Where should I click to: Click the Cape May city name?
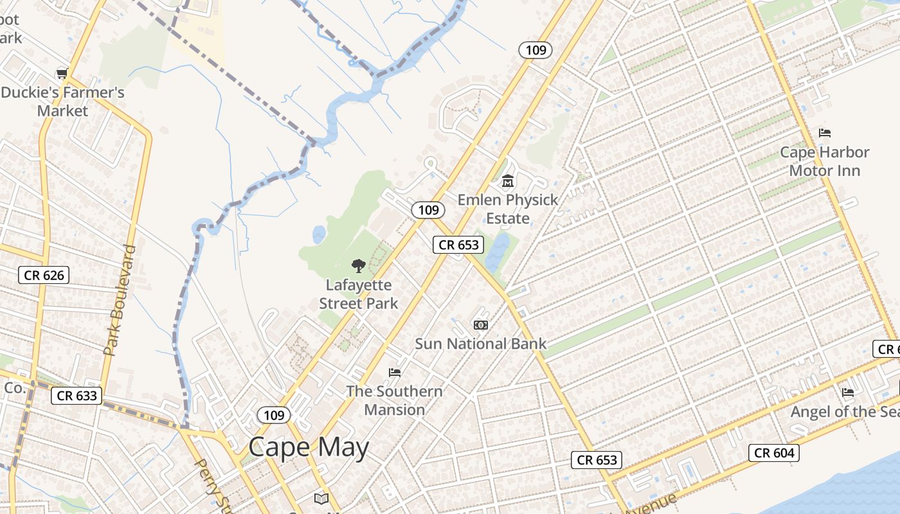pyautogui.click(x=309, y=448)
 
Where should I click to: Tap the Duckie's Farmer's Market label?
pyautogui.click(x=62, y=102)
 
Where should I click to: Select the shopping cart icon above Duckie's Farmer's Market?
pyautogui.click(x=62, y=73)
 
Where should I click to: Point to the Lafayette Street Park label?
pyautogui.click(x=359, y=294)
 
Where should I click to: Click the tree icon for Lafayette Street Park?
pyautogui.click(x=359, y=265)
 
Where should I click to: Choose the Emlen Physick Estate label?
pyautogui.click(x=508, y=209)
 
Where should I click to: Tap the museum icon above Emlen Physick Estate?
pyautogui.click(x=508, y=181)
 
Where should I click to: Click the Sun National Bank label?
pyautogui.click(x=480, y=344)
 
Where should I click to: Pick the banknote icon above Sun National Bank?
pyautogui.click(x=480, y=325)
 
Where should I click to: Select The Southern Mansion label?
pyautogui.click(x=395, y=400)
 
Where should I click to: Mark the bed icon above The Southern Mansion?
pyautogui.click(x=395, y=373)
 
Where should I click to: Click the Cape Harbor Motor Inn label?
pyautogui.click(x=824, y=161)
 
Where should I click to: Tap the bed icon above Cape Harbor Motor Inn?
pyautogui.click(x=825, y=133)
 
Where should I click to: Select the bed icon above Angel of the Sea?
pyautogui.click(x=848, y=392)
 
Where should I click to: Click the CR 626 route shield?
pyautogui.click(x=44, y=276)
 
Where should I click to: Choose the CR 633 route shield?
pyautogui.click(x=77, y=396)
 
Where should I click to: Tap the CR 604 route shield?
pyautogui.click(x=775, y=453)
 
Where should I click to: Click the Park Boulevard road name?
pyautogui.click(x=120, y=300)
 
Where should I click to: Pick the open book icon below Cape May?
pyautogui.click(x=321, y=498)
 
